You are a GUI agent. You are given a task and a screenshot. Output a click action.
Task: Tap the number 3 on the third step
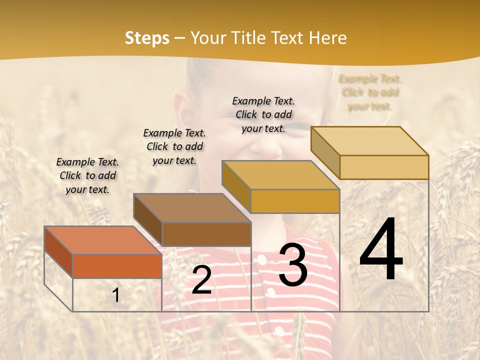pyautogui.click(x=293, y=265)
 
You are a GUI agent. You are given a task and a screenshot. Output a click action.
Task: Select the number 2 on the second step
pyautogui.click(x=201, y=279)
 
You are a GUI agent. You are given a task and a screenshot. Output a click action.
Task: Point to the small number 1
pyautogui.click(x=116, y=295)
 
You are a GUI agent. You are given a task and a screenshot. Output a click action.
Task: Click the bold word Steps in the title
pyautogui.click(x=147, y=38)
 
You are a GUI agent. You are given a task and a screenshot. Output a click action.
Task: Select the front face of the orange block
pyautogui.click(x=117, y=266)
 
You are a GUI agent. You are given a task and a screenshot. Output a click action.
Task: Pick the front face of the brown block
pyautogui.click(x=206, y=234)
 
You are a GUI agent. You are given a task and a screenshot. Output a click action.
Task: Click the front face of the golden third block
pyautogui.click(x=295, y=201)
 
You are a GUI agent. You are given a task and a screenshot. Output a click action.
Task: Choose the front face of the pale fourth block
pyautogui.click(x=384, y=167)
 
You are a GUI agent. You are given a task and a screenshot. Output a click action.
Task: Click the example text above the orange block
pyautogui.click(x=87, y=175)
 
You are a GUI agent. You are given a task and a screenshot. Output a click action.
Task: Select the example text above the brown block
pyautogui.click(x=174, y=146)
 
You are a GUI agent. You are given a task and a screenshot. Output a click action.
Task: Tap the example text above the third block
pyautogui.click(x=263, y=114)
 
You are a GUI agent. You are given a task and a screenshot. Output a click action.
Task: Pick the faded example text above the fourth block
pyautogui.click(x=370, y=92)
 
